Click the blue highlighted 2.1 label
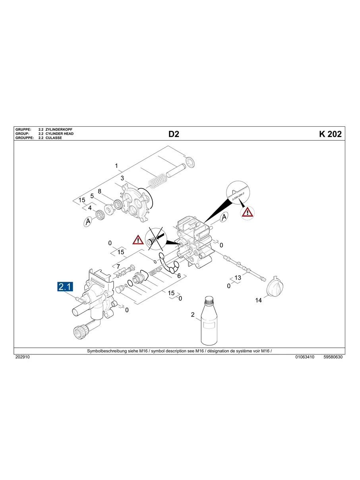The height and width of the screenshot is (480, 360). [65, 286]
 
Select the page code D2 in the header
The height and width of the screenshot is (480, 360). [174, 134]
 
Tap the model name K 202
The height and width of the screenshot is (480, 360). [330, 134]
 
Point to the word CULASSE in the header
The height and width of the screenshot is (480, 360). [54, 138]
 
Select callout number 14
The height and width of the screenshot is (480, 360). [258, 300]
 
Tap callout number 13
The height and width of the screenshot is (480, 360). [238, 278]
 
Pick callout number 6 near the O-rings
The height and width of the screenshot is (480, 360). [179, 275]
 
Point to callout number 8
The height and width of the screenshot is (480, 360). [100, 191]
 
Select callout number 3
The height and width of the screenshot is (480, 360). [122, 178]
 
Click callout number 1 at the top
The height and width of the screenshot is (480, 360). [116, 166]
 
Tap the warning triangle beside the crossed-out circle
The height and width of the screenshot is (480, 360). [138, 239]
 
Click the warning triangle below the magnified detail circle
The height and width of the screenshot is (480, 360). [247, 212]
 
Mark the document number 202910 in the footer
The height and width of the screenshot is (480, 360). [22, 357]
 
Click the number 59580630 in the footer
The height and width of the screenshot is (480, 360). [333, 357]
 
